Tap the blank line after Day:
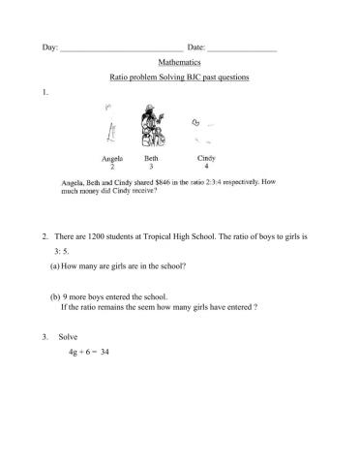click(121, 46)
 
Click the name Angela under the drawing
click(112, 157)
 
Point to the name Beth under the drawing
click(151, 157)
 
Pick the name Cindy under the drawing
click(206, 157)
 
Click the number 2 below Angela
click(112, 167)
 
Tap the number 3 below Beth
click(151, 167)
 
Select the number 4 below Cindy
click(206, 167)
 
